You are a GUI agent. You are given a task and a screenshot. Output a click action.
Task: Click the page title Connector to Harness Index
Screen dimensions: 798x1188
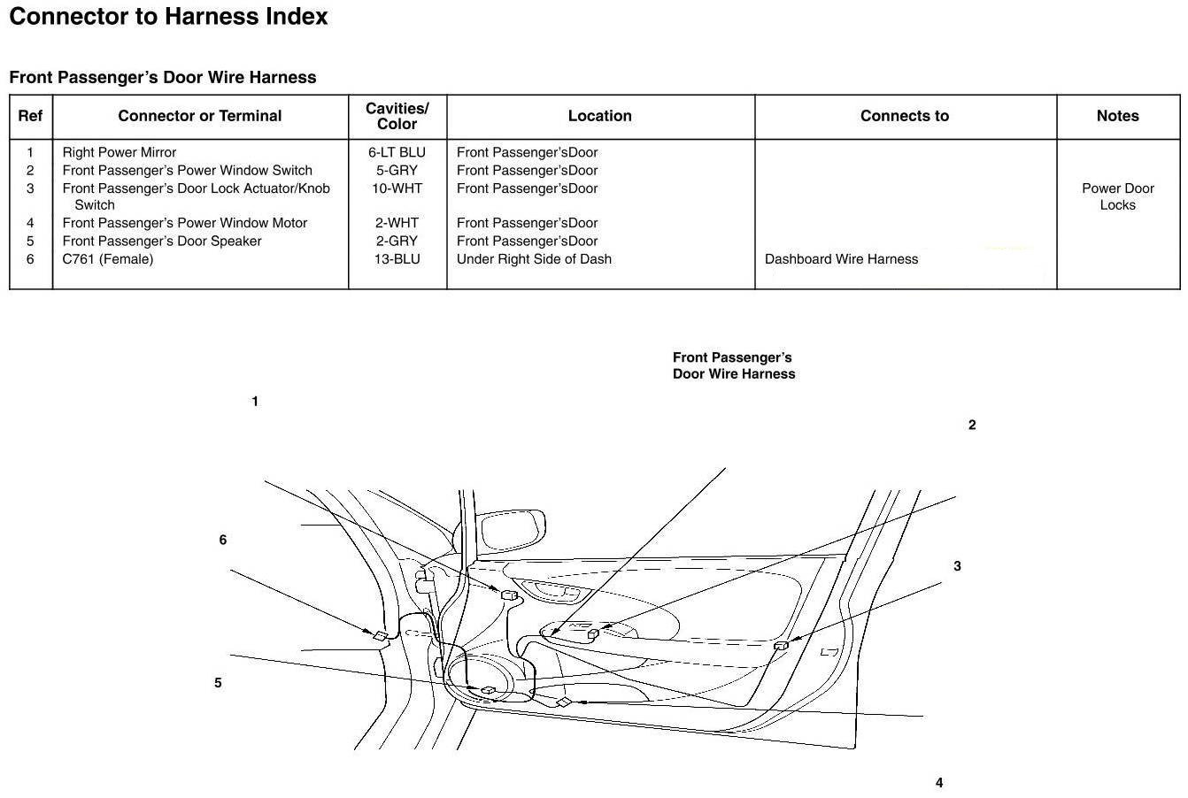[168, 17]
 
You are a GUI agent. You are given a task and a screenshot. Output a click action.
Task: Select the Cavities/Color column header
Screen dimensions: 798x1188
[397, 116]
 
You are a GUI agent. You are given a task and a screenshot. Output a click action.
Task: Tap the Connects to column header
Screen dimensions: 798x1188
[904, 116]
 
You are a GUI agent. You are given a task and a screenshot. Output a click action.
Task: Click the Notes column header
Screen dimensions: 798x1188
[1117, 116]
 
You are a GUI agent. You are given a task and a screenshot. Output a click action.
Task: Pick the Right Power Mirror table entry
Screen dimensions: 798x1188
[120, 152]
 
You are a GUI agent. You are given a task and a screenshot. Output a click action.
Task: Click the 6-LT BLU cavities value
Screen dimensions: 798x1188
[397, 152]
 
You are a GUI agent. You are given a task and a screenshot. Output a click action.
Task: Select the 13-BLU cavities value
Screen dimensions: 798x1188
[397, 259]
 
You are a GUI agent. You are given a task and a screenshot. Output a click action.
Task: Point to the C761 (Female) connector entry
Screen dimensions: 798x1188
[108, 259]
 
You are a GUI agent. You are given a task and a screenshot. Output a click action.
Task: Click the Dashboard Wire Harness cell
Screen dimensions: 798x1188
[841, 259]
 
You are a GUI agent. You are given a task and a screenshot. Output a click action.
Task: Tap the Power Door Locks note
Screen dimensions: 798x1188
[1117, 196]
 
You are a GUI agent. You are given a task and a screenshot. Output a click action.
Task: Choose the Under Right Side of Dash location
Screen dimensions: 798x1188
[534, 259]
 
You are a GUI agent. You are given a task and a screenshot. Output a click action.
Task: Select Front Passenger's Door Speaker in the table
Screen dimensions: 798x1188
[162, 241]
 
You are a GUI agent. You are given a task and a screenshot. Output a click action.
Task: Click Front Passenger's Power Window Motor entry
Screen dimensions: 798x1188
[185, 223]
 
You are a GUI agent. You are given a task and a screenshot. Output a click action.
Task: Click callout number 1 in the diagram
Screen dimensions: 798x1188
[255, 402]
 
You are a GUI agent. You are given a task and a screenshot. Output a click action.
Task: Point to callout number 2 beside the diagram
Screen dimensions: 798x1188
[972, 426]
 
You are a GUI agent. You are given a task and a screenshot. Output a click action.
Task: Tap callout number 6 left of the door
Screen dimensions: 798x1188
[223, 540]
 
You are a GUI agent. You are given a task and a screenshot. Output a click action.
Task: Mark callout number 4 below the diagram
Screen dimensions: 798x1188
[939, 783]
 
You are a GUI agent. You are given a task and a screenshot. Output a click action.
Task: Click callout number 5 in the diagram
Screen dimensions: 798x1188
[218, 683]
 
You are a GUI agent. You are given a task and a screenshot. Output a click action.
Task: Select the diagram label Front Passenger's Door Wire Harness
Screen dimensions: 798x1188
[734, 365]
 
